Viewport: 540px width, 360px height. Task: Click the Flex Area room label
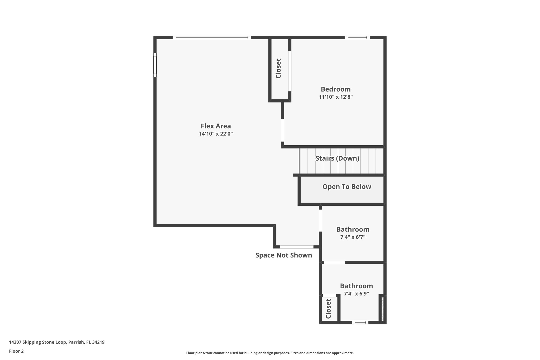(216, 126)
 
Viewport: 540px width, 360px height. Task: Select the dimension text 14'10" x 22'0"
(216, 134)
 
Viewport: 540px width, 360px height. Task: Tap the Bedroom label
(336, 89)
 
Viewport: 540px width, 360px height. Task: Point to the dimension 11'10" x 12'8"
(336, 97)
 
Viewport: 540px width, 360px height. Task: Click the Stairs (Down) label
(337, 158)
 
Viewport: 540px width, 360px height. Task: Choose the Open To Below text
(347, 187)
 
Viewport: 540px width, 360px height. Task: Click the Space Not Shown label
(284, 255)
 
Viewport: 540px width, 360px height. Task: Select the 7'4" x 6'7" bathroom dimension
(353, 237)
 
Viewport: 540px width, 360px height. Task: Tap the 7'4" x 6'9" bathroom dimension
(356, 294)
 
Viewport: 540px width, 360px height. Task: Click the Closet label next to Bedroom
(278, 69)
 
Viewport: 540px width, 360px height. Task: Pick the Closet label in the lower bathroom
(328, 309)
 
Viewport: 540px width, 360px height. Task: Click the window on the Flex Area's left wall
(155, 65)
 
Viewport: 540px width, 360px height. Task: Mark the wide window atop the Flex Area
(212, 38)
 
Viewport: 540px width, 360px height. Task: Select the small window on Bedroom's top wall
(357, 38)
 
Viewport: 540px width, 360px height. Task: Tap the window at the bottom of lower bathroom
(360, 322)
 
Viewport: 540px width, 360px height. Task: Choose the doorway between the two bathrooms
(334, 262)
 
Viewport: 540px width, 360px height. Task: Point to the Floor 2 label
(16, 351)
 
